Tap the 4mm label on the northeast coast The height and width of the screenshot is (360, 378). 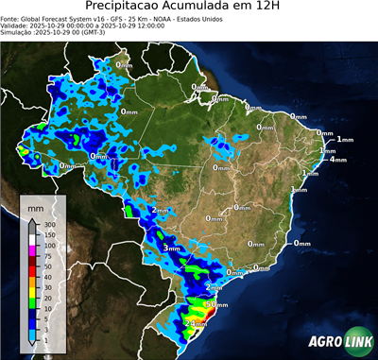(x=337, y=160)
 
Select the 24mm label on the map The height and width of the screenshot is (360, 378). (x=196, y=323)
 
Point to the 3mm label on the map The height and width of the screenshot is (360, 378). (x=171, y=248)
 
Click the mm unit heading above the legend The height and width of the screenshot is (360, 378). (x=35, y=205)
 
